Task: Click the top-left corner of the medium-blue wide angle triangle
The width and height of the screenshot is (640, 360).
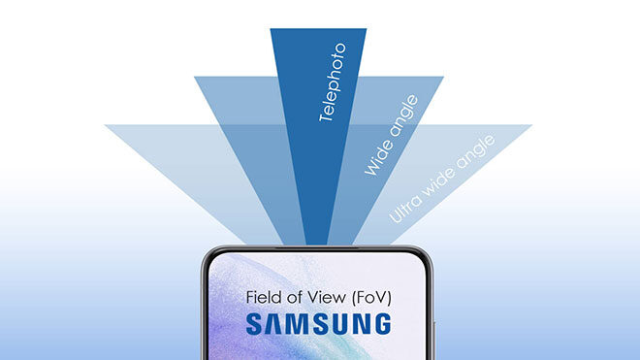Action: pos(197,79)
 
